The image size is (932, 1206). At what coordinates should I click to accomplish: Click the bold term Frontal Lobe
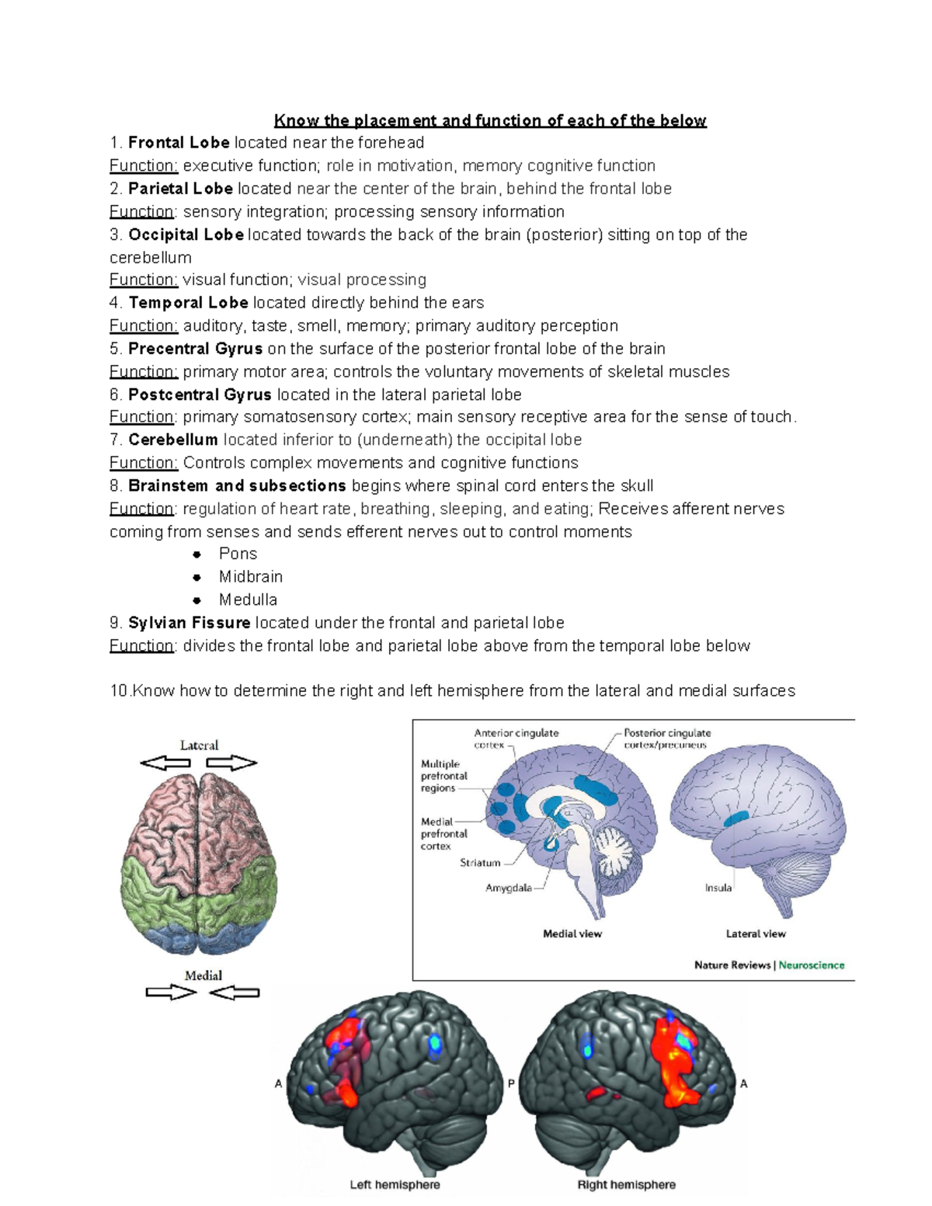point(179,143)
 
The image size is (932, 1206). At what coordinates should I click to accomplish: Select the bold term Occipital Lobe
point(186,235)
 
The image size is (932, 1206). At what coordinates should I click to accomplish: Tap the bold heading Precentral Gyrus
point(195,349)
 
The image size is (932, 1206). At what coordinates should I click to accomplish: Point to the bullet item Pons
point(238,554)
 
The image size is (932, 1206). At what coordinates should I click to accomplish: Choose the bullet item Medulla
point(248,600)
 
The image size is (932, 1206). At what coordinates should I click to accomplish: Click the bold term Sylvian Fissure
point(190,623)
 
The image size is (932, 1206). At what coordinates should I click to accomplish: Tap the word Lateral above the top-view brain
point(199,745)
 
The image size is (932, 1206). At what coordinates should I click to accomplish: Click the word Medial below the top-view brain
point(203,975)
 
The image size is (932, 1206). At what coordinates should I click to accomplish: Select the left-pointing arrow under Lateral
point(165,763)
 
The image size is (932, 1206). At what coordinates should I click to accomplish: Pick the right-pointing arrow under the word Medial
point(171,992)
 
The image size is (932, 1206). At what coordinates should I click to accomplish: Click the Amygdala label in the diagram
point(509,888)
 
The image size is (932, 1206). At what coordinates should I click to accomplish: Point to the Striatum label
point(480,863)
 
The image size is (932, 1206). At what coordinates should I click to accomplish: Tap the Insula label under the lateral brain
point(718,888)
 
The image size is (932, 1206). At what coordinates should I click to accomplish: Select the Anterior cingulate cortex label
point(516,739)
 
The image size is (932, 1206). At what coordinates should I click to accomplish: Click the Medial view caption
point(572,934)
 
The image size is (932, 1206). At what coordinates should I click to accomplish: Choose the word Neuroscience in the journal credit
point(812,965)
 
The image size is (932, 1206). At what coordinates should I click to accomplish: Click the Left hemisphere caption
point(395,1185)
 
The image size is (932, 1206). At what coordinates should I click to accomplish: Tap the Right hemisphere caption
point(626,1185)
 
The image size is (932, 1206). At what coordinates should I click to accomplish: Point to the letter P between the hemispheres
point(512,1083)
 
